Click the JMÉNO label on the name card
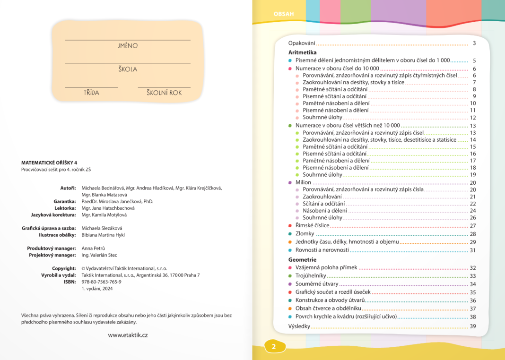click(x=128, y=46)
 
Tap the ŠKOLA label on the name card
click(x=128, y=69)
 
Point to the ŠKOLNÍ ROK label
click(x=164, y=93)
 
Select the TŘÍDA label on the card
click(x=91, y=93)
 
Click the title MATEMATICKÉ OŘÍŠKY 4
click(x=49, y=163)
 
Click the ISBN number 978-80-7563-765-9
click(x=101, y=282)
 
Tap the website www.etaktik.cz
click(x=128, y=335)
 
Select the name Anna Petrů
click(x=93, y=248)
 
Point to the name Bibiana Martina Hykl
click(x=103, y=235)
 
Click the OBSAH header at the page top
click(x=284, y=14)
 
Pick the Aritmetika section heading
click(x=302, y=52)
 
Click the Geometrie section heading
click(x=302, y=260)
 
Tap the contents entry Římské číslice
click(x=313, y=226)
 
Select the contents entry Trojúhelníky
click(x=311, y=276)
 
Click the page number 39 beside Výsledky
click(x=472, y=326)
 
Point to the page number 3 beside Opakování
click(x=474, y=43)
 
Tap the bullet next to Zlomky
click(x=290, y=234)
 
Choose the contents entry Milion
click(x=303, y=183)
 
